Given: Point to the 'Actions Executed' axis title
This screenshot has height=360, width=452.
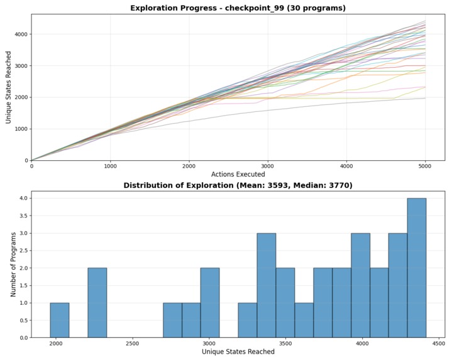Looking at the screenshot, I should tap(238, 174).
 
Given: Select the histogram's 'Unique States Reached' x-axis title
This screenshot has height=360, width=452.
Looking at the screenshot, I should tap(238, 352).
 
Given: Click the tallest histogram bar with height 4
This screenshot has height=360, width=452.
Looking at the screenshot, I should tap(416, 268).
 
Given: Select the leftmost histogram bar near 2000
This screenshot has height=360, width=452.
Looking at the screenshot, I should tap(60, 320).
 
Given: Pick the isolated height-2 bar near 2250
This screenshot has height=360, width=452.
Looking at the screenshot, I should tap(97, 303).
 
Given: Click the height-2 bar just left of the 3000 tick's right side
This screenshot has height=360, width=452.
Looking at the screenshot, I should tap(210, 303).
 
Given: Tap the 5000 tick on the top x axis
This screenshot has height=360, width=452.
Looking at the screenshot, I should tap(426, 166).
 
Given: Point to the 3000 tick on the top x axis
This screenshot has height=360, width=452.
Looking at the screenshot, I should tap(268, 166).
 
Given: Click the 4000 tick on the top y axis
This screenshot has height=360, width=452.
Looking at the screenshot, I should tap(21, 35).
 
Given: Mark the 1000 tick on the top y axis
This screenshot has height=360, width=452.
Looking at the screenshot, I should tap(21, 129).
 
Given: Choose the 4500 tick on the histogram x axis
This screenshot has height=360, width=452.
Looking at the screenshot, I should tap(438, 343).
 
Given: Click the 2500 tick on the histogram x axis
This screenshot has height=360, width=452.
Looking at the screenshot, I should tap(132, 343).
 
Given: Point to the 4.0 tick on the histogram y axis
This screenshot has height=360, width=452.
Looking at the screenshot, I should tap(22, 199).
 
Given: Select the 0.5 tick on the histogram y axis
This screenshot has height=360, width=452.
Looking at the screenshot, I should tap(22, 320).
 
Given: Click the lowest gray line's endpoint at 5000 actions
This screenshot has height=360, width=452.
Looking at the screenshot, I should tap(426, 98).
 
